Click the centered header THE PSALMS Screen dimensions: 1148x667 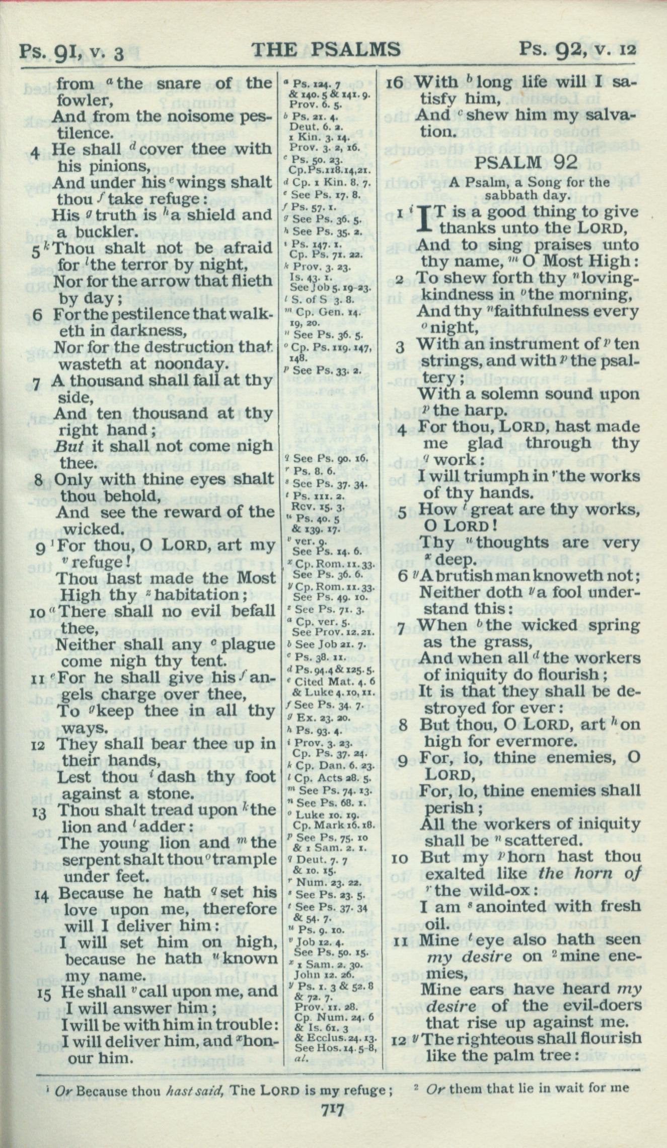click(x=326, y=49)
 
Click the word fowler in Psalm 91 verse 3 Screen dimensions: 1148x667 click(x=84, y=100)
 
